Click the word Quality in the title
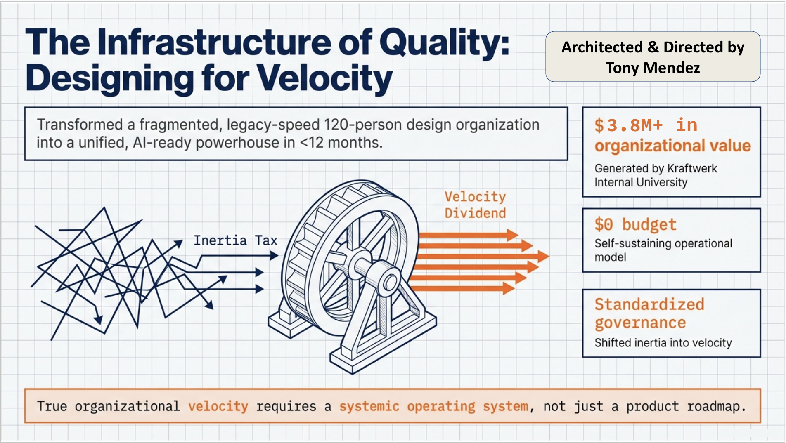click(x=444, y=43)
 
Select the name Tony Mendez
click(x=653, y=68)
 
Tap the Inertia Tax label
click(x=235, y=240)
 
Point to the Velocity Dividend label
click(x=475, y=205)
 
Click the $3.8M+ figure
click(x=628, y=125)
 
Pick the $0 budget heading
click(x=635, y=224)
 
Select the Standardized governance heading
click(x=649, y=313)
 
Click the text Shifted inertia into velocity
click(x=663, y=342)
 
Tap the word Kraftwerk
click(x=692, y=168)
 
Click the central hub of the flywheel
click(x=389, y=283)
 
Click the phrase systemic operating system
click(x=433, y=406)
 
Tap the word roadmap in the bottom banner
click(x=716, y=406)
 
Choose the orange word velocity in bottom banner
click(x=218, y=406)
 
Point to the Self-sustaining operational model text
click(x=663, y=250)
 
